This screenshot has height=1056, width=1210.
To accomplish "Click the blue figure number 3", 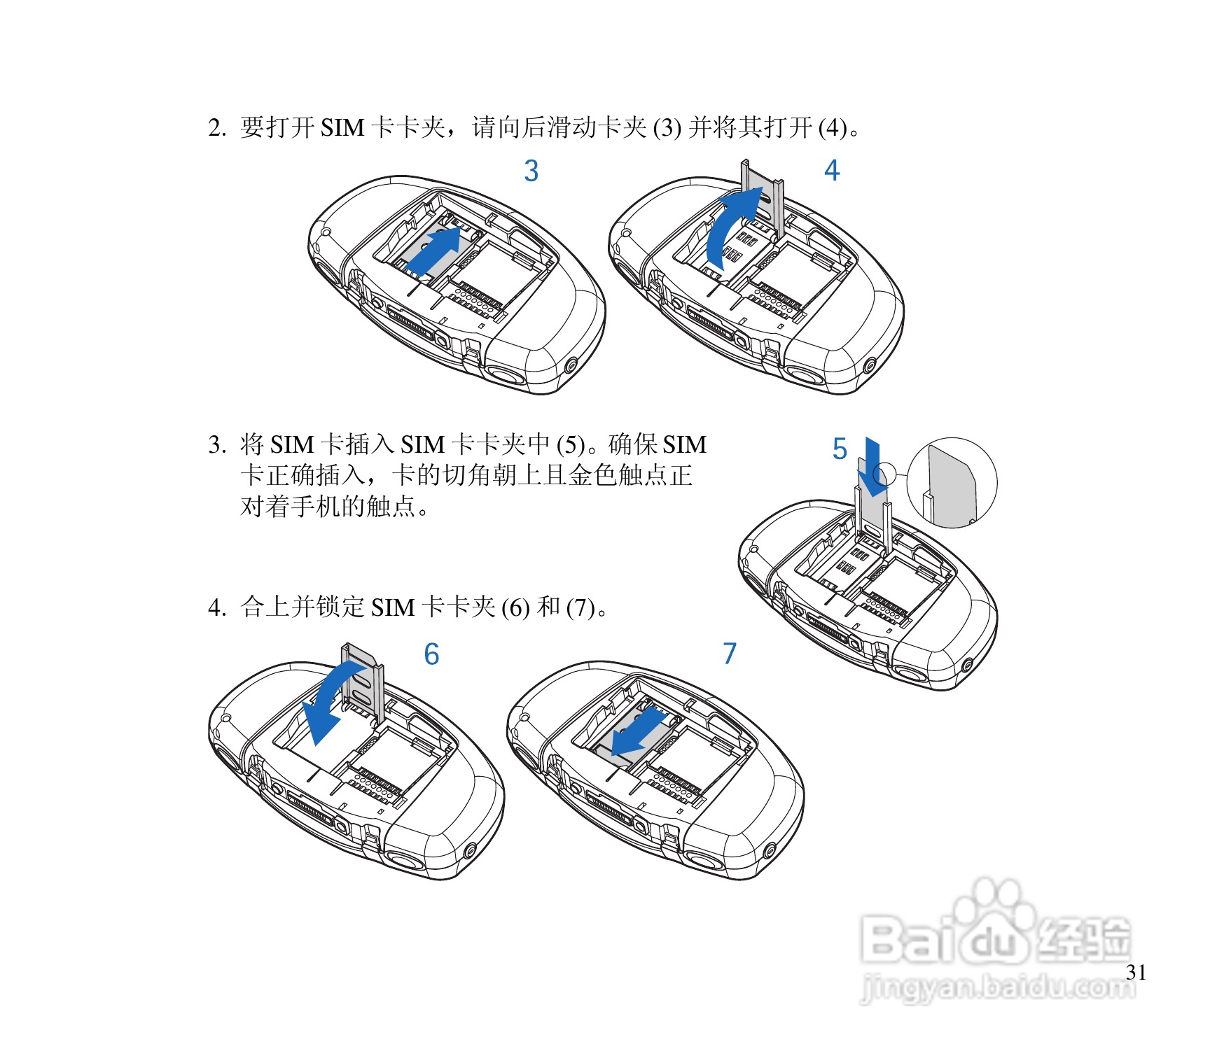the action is point(531,171).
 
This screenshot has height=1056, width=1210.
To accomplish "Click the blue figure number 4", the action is point(831,170).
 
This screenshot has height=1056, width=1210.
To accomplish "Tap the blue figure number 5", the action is point(840,449).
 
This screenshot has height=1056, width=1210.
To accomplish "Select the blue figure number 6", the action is point(432,654).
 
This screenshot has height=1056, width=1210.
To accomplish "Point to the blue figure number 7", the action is point(730,654).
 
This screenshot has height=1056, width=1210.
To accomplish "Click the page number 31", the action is point(1136,972).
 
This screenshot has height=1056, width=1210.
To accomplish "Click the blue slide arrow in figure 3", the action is point(434,251).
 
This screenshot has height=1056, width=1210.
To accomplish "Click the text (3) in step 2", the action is point(667,128).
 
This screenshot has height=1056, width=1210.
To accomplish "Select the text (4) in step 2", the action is point(833,128).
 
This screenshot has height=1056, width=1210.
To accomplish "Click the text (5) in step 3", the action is point(571,445).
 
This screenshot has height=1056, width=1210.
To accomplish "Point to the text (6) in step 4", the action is point(515,607).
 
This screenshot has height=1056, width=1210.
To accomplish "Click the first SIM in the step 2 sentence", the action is point(342,128).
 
